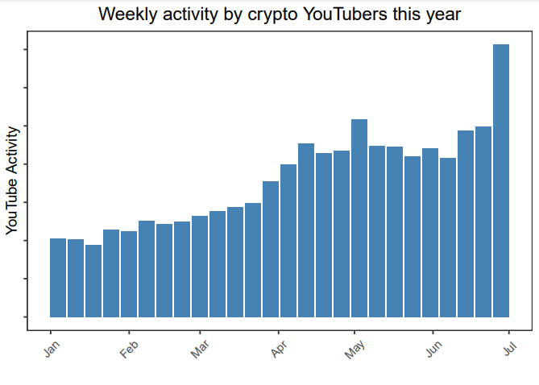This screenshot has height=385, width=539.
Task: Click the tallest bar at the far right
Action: pos(500,180)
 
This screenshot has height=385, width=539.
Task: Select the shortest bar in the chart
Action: pos(93,281)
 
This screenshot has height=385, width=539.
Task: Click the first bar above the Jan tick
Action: pos(58,278)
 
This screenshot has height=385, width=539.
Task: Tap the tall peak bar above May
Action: pos(359,218)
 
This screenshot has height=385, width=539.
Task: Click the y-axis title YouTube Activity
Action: pos(11,180)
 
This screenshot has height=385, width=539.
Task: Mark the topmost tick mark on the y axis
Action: pos(26,50)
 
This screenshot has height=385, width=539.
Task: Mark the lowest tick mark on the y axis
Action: pos(26,317)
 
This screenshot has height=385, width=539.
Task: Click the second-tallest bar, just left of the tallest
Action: pos(483,221)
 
